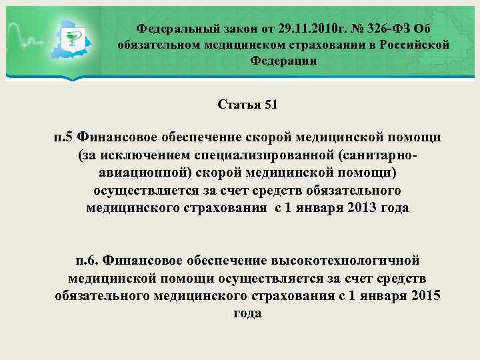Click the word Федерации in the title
click(283, 61)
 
